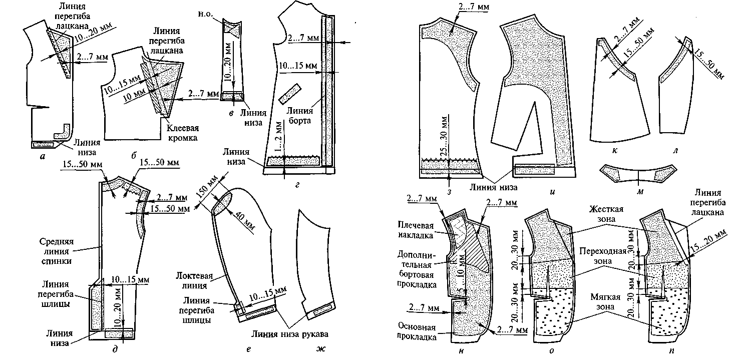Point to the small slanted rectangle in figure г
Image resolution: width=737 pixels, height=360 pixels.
pyautogui.click(x=288, y=93)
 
